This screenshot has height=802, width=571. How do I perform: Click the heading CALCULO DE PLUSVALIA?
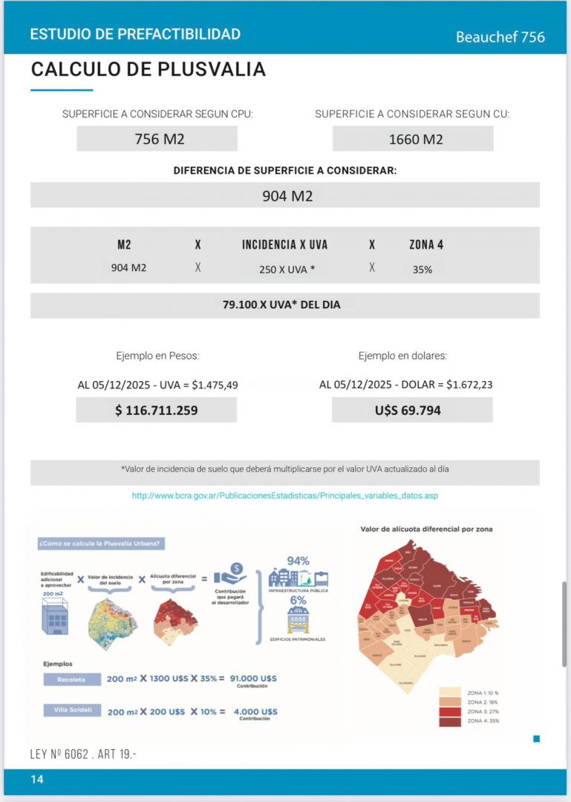click(148, 69)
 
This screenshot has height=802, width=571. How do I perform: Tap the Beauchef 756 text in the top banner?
click(500, 36)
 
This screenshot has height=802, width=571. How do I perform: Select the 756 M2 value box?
click(157, 139)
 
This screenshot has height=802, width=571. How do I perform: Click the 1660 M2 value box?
click(412, 139)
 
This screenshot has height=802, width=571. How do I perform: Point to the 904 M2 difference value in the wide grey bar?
click(287, 196)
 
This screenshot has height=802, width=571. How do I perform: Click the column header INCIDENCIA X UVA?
click(284, 244)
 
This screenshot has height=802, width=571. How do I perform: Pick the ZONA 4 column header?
click(426, 244)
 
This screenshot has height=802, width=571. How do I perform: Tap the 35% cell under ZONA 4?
click(422, 269)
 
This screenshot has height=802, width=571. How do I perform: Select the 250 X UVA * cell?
click(287, 269)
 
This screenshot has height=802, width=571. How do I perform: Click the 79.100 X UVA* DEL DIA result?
click(281, 304)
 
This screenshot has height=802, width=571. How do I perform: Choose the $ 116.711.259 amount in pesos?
click(156, 410)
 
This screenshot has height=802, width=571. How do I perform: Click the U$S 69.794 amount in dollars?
click(411, 410)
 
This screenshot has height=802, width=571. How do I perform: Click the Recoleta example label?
click(70, 679)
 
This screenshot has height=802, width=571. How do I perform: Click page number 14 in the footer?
click(37, 779)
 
